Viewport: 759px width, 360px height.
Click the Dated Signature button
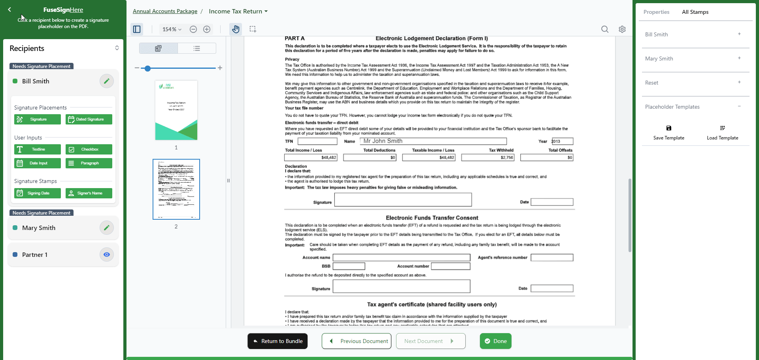point(89,119)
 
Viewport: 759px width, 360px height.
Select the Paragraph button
point(89,163)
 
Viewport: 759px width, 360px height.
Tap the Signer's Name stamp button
point(89,193)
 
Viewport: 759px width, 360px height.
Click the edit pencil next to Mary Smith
point(106,228)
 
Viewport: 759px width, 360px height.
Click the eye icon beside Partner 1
point(106,254)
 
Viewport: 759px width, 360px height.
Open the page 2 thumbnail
point(176,189)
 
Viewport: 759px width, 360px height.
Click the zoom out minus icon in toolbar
point(193,29)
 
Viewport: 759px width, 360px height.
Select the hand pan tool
point(236,29)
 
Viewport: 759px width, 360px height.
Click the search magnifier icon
point(605,29)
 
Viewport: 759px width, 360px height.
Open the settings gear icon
point(622,29)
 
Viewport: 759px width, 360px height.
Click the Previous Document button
point(357,341)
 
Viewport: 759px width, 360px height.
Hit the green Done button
point(496,341)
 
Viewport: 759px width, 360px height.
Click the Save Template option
point(668,133)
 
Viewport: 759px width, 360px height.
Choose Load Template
point(722,133)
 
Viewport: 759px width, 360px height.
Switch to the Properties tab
point(656,12)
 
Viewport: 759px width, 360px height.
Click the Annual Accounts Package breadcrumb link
point(165,11)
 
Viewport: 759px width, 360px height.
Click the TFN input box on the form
point(317,141)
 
